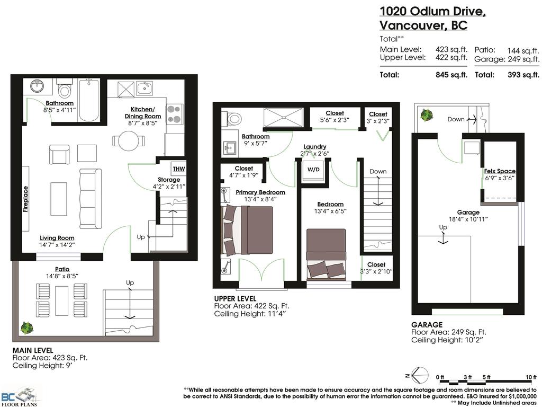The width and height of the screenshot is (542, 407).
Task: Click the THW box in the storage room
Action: [177, 169]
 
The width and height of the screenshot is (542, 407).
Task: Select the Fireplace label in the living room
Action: [25, 199]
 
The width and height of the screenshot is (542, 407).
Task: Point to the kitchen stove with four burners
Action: [175, 113]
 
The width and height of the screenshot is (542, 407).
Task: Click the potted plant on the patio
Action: [26, 328]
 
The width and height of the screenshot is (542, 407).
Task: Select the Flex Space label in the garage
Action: [499, 171]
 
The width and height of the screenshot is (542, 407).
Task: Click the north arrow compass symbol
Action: [418, 376]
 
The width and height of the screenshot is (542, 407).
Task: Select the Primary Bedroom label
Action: [260, 192]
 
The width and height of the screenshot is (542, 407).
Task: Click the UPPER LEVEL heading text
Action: [235, 298]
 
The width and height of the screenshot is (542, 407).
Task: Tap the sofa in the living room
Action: [90, 198]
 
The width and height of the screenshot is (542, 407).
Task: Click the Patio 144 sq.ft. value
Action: [522, 50]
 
